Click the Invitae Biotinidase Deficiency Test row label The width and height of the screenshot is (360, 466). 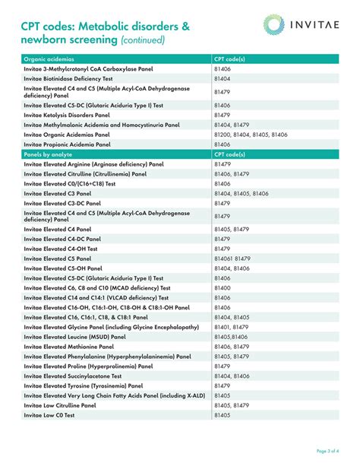click(x=68, y=78)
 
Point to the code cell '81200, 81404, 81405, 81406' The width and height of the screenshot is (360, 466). click(x=251, y=134)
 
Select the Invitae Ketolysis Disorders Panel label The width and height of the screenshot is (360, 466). click(x=67, y=115)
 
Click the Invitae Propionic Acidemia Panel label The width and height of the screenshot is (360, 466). click(x=67, y=144)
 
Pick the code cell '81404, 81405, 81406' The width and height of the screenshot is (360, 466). click(x=242, y=193)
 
